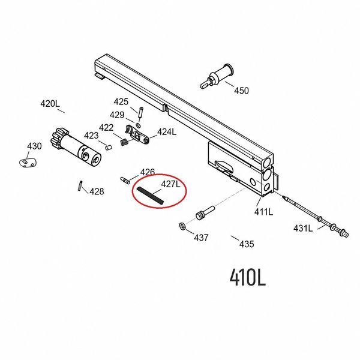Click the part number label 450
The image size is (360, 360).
(241, 91)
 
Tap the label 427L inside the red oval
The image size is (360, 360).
(171, 184)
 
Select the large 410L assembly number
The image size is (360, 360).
(248, 277)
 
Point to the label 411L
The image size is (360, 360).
(263, 212)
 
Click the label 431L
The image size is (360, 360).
(303, 228)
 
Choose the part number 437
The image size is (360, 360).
(201, 238)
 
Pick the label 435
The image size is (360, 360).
(247, 244)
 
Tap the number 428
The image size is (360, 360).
(97, 191)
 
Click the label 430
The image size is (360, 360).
(34, 146)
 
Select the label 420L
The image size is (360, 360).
(50, 104)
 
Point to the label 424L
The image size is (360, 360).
(167, 132)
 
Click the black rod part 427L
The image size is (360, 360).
(150, 196)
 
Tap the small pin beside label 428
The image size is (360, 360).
(80, 186)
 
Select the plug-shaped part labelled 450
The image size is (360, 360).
(217, 76)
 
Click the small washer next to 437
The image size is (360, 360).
(182, 226)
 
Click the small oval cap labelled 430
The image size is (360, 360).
(28, 163)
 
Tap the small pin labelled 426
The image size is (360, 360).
(125, 180)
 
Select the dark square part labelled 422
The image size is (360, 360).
(124, 142)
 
